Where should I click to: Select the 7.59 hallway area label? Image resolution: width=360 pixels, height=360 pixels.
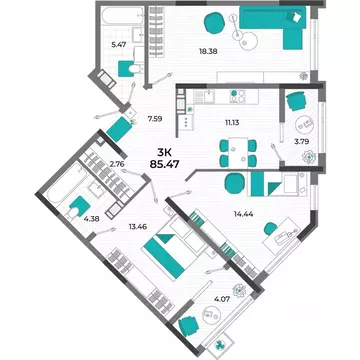(154, 119)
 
